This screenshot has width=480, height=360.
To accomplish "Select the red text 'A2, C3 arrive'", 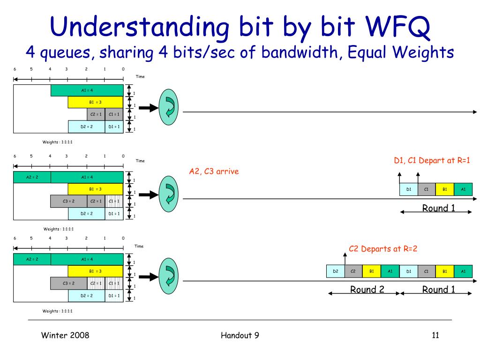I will tap(214, 172).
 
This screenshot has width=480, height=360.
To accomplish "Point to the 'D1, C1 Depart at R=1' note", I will tap(432, 161).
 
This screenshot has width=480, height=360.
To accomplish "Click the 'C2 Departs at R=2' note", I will tap(383, 249).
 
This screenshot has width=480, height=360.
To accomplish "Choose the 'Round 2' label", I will tap(367, 290).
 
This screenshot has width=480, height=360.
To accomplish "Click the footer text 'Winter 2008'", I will tap(65, 335).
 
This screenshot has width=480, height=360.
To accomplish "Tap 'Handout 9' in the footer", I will tap(240, 335).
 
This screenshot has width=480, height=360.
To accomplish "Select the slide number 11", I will tap(435, 335).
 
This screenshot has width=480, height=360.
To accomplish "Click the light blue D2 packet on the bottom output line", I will tap(336, 271).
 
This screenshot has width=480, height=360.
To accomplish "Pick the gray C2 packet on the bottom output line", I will tap(353, 271).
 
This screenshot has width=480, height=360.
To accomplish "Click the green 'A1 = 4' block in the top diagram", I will tap(87, 90).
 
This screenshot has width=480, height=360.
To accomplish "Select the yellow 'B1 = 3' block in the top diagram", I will tap(95, 102).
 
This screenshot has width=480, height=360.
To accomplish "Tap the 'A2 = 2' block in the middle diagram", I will tap(32, 177).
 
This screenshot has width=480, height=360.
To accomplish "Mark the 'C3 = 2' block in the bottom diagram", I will tap(68, 283).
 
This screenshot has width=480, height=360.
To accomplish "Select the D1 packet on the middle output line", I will tap(408, 189).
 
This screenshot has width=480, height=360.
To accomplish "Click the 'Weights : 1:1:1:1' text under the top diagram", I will tap(57, 142).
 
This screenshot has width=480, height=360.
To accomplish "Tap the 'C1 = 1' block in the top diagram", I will tap(114, 114).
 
